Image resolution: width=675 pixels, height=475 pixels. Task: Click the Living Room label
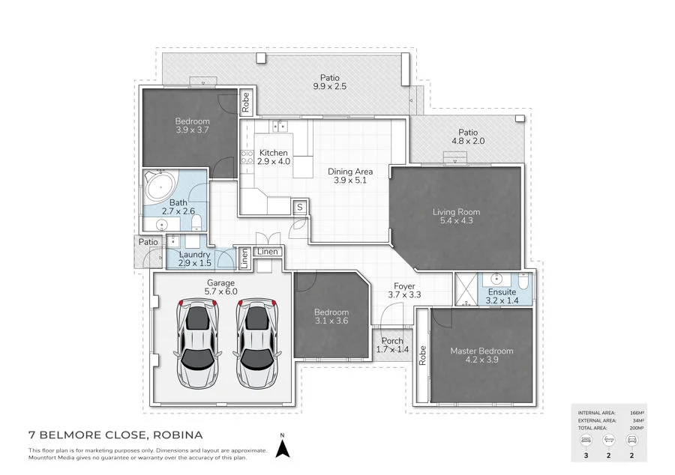[456, 217]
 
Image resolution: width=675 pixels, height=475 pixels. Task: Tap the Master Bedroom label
[481, 355]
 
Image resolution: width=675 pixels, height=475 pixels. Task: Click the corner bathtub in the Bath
[160, 184]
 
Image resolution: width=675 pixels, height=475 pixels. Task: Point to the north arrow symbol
[283, 447]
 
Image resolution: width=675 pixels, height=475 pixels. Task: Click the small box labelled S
[299, 206]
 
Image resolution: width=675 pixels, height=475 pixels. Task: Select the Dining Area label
[350, 177]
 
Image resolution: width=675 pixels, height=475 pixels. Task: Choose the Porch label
[392, 345]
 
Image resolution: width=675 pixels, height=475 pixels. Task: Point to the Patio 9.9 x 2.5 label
[330, 82]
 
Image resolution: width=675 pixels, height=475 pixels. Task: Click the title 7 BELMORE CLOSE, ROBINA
[115, 435]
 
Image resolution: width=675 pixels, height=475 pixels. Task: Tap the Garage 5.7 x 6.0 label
[220, 287]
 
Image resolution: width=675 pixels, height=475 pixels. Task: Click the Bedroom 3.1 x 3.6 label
[331, 317]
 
